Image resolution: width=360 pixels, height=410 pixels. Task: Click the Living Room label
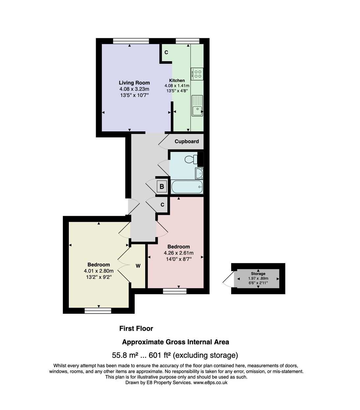pyautogui.click(x=134, y=83)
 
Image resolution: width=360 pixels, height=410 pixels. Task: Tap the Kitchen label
pyautogui.click(x=177, y=80)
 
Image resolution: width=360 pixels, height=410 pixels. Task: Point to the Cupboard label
pyautogui.click(x=187, y=142)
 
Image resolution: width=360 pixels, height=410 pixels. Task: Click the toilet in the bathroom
pyautogui.click(x=191, y=160)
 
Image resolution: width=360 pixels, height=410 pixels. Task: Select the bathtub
pyautogui.click(x=186, y=187)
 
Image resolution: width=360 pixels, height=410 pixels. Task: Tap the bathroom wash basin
pyautogui.click(x=199, y=173)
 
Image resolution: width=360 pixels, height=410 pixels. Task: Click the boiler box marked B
pyautogui.click(x=162, y=187)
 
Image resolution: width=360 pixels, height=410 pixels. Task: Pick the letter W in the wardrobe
pyautogui.click(x=138, y=266)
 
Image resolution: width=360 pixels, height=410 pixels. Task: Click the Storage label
pyautogui.click(x=258, y=274)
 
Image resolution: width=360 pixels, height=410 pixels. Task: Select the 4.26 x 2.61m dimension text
pyautogui.click(x=178, y=253)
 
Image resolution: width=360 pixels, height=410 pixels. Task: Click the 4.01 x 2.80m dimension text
pyautogui.click(x=99, y=271)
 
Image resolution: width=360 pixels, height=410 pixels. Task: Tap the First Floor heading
pyautogui.click(x=136, y=328)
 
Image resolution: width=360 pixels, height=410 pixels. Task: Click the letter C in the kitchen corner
pyautogui.click(x=166, y=52)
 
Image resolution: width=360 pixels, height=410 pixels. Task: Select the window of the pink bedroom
pyautogui.click(x=175, y=291)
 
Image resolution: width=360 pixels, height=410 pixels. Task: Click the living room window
pyautogui.click(x=131, y=41)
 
